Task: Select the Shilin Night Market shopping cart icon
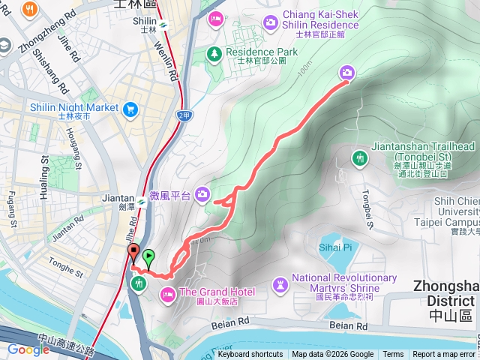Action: click(131, 108)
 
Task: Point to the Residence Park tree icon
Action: click(215, 52)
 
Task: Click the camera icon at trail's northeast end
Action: click(346, 73)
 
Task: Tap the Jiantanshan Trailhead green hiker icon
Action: click(359, 157)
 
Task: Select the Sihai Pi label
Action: click(336, 247)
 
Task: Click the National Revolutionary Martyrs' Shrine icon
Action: click(280, 283)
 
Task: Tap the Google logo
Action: click(28, 349)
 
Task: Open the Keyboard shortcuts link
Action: click(250, 355)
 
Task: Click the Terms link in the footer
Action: click(393, 355)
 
